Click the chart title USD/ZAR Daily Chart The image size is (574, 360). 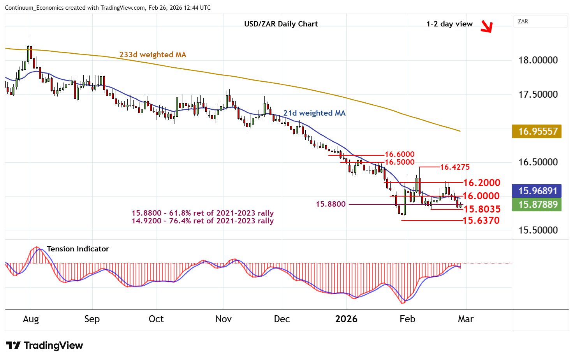pyautogui.click(x=281, y=24)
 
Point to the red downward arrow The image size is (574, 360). pyautogui.click(x=486, y=26)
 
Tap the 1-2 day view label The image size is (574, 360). pyautogui.click(x=449, y=24)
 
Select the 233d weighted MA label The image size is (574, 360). pyautogui.click(x=153, y=54)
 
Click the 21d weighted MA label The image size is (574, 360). pyautogui.click(x=314, y=113)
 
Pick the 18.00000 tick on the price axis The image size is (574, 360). pyautogui.click(x=538, y=60)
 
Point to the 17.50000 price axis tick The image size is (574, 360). pyautogui.click(x=538, y=95)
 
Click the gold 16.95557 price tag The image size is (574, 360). pyautogui.click(x=537, y=132)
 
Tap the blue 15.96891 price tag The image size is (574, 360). pyautogui.click(x=537, y=191)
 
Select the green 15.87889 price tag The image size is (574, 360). pyautogui.click(x=537, y=204)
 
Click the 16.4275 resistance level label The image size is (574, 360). pyautogui.click(x=455, y=167)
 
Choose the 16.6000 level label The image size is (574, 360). pyautogui.click(x=400, y=155)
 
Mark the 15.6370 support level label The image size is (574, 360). pyautogui.click(x=481, y=220)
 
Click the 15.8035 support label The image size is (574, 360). pyautogui.click(x=482, y=209)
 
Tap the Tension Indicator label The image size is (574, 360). pyautogui.click(x=78, y=249)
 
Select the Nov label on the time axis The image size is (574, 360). pyautogui.click(x=224, y=319)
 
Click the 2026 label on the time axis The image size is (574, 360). pyautogui.click(x=346, y=319)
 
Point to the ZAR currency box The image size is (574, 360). pyautogui.click(x=540, y=21)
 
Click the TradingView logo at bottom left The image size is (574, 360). pyautogui.click(x=44, y=345)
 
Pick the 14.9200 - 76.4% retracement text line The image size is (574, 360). pyautogui.click(x=202, y=221)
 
